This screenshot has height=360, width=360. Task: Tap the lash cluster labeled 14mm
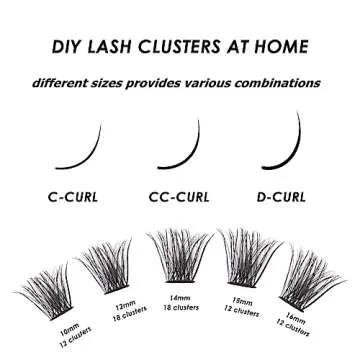[x=180, y=255]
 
